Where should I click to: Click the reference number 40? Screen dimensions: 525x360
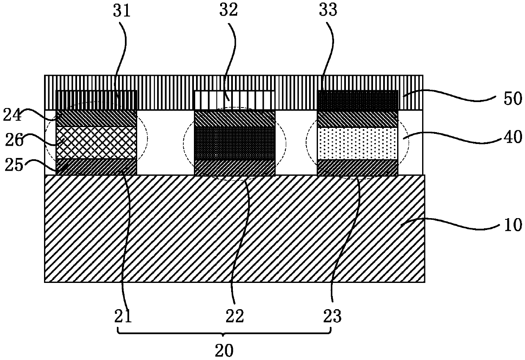[514, 137]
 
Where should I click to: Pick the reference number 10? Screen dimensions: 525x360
[514, 225]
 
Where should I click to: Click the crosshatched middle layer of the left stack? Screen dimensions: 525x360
[97, 142]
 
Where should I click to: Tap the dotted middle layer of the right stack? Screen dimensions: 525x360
[358, 143]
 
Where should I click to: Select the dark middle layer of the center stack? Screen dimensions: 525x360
[235, 143]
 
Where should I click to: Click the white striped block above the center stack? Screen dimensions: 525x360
[234, 100]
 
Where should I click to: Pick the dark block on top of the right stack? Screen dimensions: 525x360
[358, 100]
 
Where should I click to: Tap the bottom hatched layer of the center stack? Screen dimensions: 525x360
[235, 167]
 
